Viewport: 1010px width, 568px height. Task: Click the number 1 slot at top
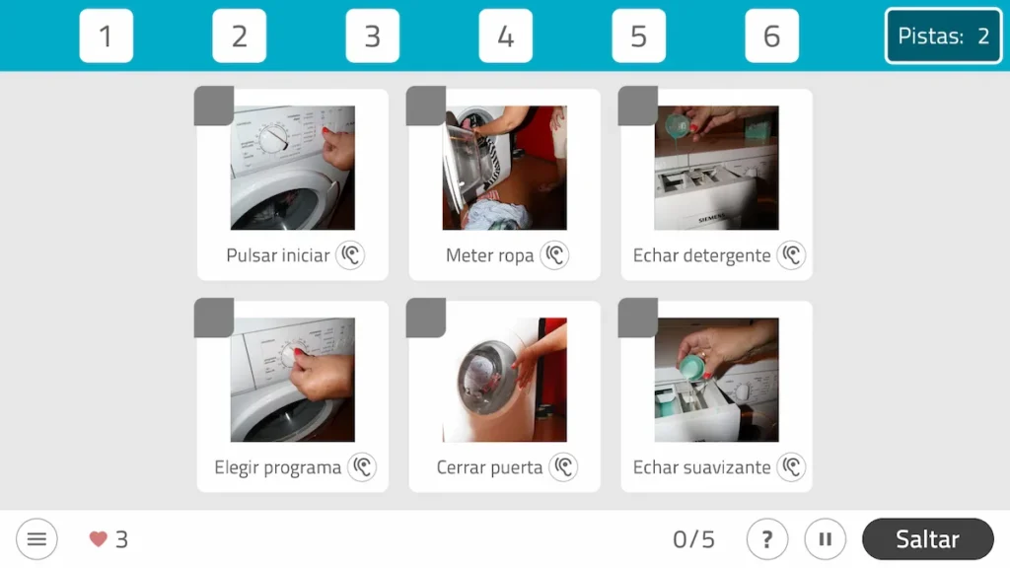pos(106,36)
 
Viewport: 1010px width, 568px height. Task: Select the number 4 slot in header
pos(505,36)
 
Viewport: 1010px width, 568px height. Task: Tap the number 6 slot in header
pos(771,36)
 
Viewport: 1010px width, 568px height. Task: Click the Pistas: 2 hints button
pos(943,36)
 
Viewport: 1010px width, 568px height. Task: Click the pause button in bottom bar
pos(826,539)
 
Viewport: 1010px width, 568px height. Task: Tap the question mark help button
pos(766,539)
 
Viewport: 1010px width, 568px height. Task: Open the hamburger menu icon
pos(36,539)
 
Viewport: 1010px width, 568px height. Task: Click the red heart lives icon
pos(98,539)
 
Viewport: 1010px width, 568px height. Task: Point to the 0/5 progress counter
pos(693,539)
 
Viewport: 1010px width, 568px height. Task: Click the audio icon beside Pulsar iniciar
pos(350,255)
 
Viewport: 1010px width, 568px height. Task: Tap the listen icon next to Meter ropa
pos(555,255)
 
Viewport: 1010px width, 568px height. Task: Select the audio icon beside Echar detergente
pos(791,255)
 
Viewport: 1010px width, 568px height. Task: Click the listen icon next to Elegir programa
pos(362,467)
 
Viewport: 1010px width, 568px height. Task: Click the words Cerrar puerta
pos(489,467)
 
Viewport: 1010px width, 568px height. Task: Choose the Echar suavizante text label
pos(701,467)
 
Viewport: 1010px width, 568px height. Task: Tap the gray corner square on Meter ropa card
pos(426,106)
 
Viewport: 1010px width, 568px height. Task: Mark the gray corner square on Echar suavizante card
pos(638,319)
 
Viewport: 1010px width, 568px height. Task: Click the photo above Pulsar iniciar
pos(292,168)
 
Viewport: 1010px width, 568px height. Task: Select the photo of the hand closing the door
pos(504,380)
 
